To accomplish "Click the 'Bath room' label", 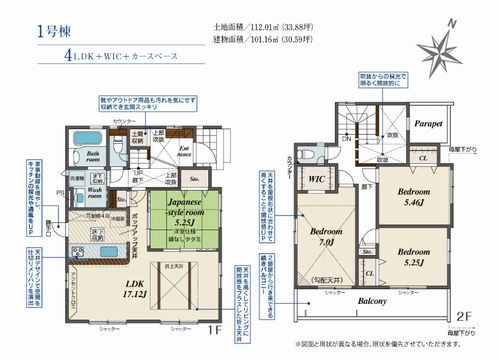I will [91, 157].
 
